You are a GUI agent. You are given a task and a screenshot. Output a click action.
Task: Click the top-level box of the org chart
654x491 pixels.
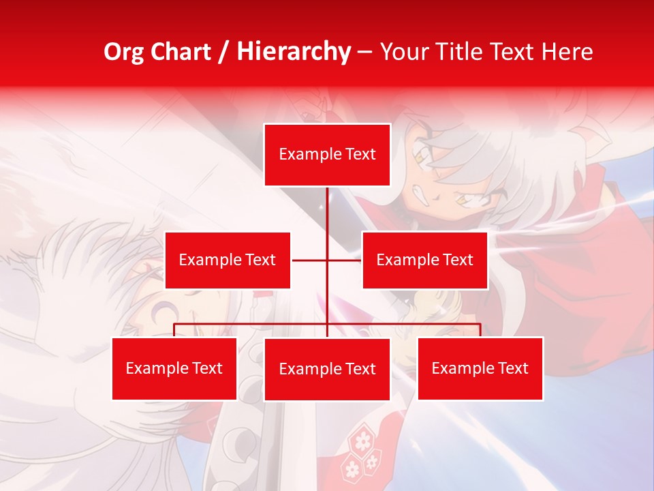point(327,155)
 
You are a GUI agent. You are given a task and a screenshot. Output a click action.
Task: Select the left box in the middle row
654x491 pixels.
point(228,260)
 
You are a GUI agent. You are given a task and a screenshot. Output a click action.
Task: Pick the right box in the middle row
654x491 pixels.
point(424,260)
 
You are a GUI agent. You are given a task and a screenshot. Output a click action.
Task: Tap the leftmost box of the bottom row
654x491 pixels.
point(174,368)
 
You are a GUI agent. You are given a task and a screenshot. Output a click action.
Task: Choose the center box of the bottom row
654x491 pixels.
point(327,369)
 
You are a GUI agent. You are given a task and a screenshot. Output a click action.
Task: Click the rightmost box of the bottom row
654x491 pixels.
point(480,368)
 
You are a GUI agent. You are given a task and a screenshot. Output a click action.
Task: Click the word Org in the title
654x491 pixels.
point(123,52)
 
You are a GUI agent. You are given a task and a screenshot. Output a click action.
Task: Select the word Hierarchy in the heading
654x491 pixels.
point(293,52)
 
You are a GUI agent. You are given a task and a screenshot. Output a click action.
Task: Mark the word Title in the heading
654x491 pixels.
point(467,52)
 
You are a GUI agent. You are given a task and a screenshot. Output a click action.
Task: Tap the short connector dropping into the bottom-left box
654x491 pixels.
point(174,330)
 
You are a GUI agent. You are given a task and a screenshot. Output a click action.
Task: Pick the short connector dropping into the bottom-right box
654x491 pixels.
point(480,330)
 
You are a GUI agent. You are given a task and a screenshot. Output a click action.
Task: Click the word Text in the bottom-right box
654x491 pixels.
point(513,368)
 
